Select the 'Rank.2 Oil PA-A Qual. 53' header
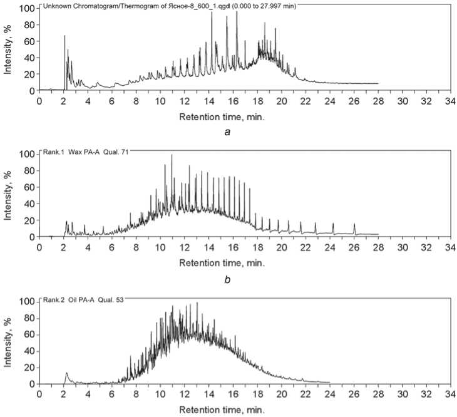click(82, 300)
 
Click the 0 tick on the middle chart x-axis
click(39, 248)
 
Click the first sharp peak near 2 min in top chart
click(64, 36)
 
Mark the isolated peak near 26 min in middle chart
click(354, 224)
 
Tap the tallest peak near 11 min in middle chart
click(172, 155)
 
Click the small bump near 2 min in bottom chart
click(66, 374)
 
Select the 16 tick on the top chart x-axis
click(233, 101)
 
